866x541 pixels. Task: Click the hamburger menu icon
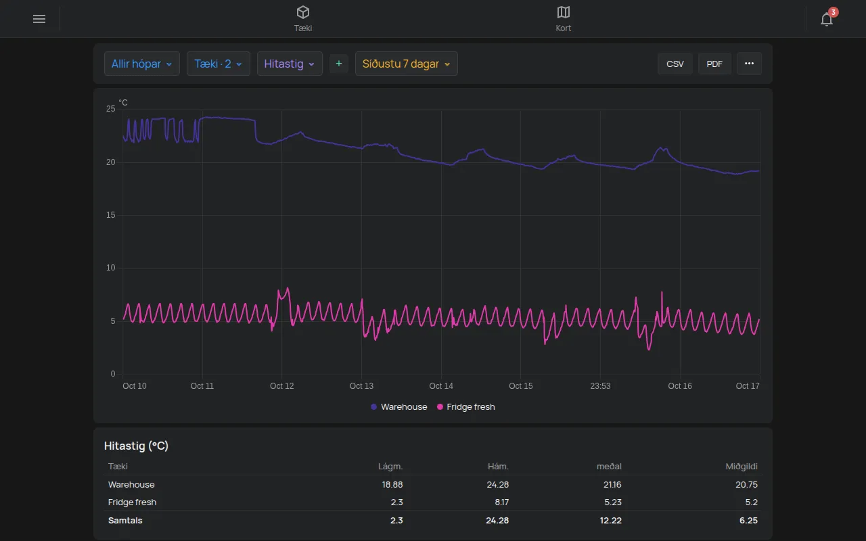tap(39, 19)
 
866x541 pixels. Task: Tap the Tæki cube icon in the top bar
tap(302, 12)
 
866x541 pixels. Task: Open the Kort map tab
tap(564, 18)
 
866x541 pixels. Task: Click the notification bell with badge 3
tap(827, 18)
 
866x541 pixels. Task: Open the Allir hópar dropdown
tap(142, 64)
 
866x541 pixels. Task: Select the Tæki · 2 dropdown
tap(219, 64)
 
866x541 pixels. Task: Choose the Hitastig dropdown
tap(290, 64)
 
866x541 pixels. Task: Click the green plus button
tap(339, 64)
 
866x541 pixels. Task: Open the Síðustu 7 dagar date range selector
tap(407, 64)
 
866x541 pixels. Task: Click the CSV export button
tap(675, 64)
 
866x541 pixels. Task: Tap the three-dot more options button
tap(749, 64)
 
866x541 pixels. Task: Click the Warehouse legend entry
tap(399, 407)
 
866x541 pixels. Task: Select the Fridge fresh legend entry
tap(466, 407)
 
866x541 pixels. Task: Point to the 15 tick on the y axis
tap(110, 215)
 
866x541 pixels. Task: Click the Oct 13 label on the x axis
tap(361, 385)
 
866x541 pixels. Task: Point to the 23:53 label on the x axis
tap(600, 385)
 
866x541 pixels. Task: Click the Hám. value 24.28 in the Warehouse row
tap(497, 485)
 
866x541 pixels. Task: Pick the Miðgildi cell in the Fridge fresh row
tap(751, 502)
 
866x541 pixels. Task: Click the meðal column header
tap(609, 467)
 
